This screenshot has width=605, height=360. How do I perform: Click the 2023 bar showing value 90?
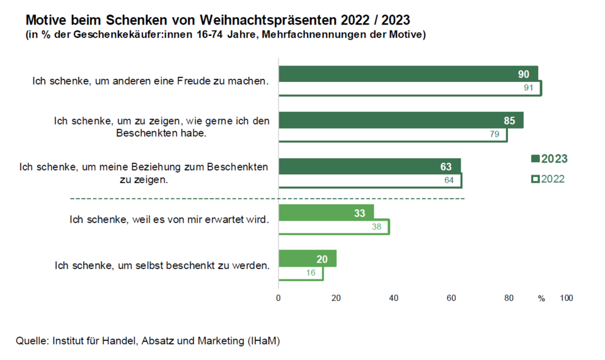(408, 74)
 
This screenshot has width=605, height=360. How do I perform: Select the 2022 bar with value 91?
(410, 88)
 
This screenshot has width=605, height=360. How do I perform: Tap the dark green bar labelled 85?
(401, 120)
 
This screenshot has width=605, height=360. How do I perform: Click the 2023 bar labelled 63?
(369, 166)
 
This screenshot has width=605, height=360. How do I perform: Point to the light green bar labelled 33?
(326, 212)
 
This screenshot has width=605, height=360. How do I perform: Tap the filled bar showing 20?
(307, 258)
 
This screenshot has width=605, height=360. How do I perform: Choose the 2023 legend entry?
(550, 159)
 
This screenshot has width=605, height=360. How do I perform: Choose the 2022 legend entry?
(548, 179)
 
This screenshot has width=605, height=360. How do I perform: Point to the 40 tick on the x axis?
(394, 298)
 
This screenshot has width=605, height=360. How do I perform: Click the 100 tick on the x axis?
(566, 298)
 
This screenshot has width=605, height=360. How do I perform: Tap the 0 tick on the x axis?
(279, 298)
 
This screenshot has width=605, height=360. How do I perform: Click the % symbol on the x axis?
(541, 298)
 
